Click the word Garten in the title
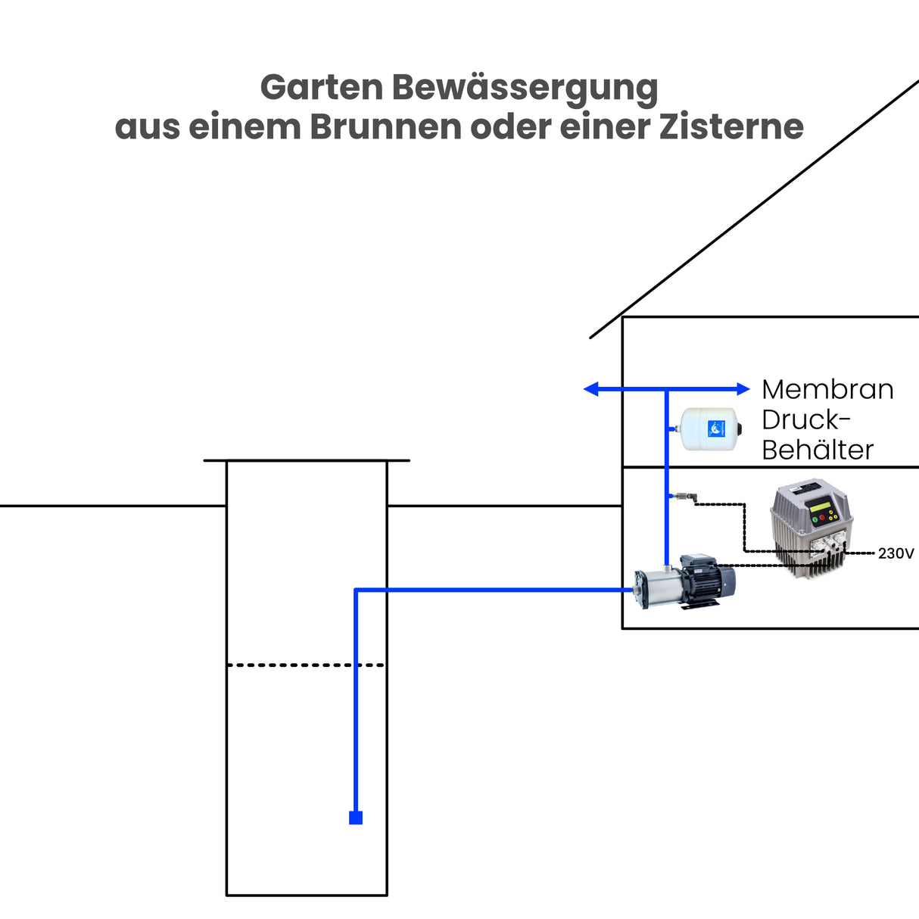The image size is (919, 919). (x=321, y=88)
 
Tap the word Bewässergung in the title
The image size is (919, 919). (x=525, y=89)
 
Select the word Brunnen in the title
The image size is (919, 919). (x=386, y=127)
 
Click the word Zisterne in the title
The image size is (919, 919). (x=731, y=127)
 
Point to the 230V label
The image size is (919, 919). (x=896, y=553)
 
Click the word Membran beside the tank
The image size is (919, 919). (x=827, y=389)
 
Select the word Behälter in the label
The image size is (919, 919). (x=817, y=450)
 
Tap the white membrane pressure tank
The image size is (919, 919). (x=710, y=429)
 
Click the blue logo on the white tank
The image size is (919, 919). (x=716, y=429)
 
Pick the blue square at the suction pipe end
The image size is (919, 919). (x=356, y=818)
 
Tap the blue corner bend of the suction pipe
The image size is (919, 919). (x=356, y=590)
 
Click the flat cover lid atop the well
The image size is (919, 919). (x=307, y=459)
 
